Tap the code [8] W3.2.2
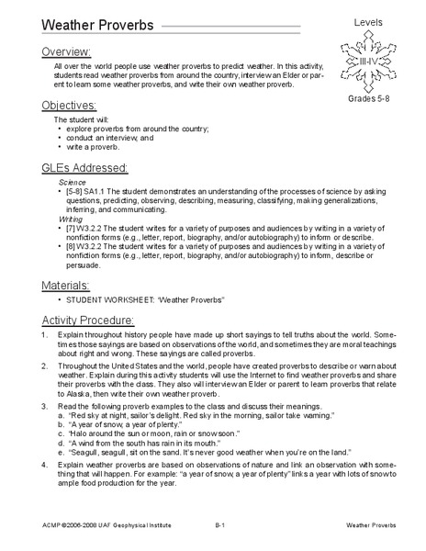tap(91, 247)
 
